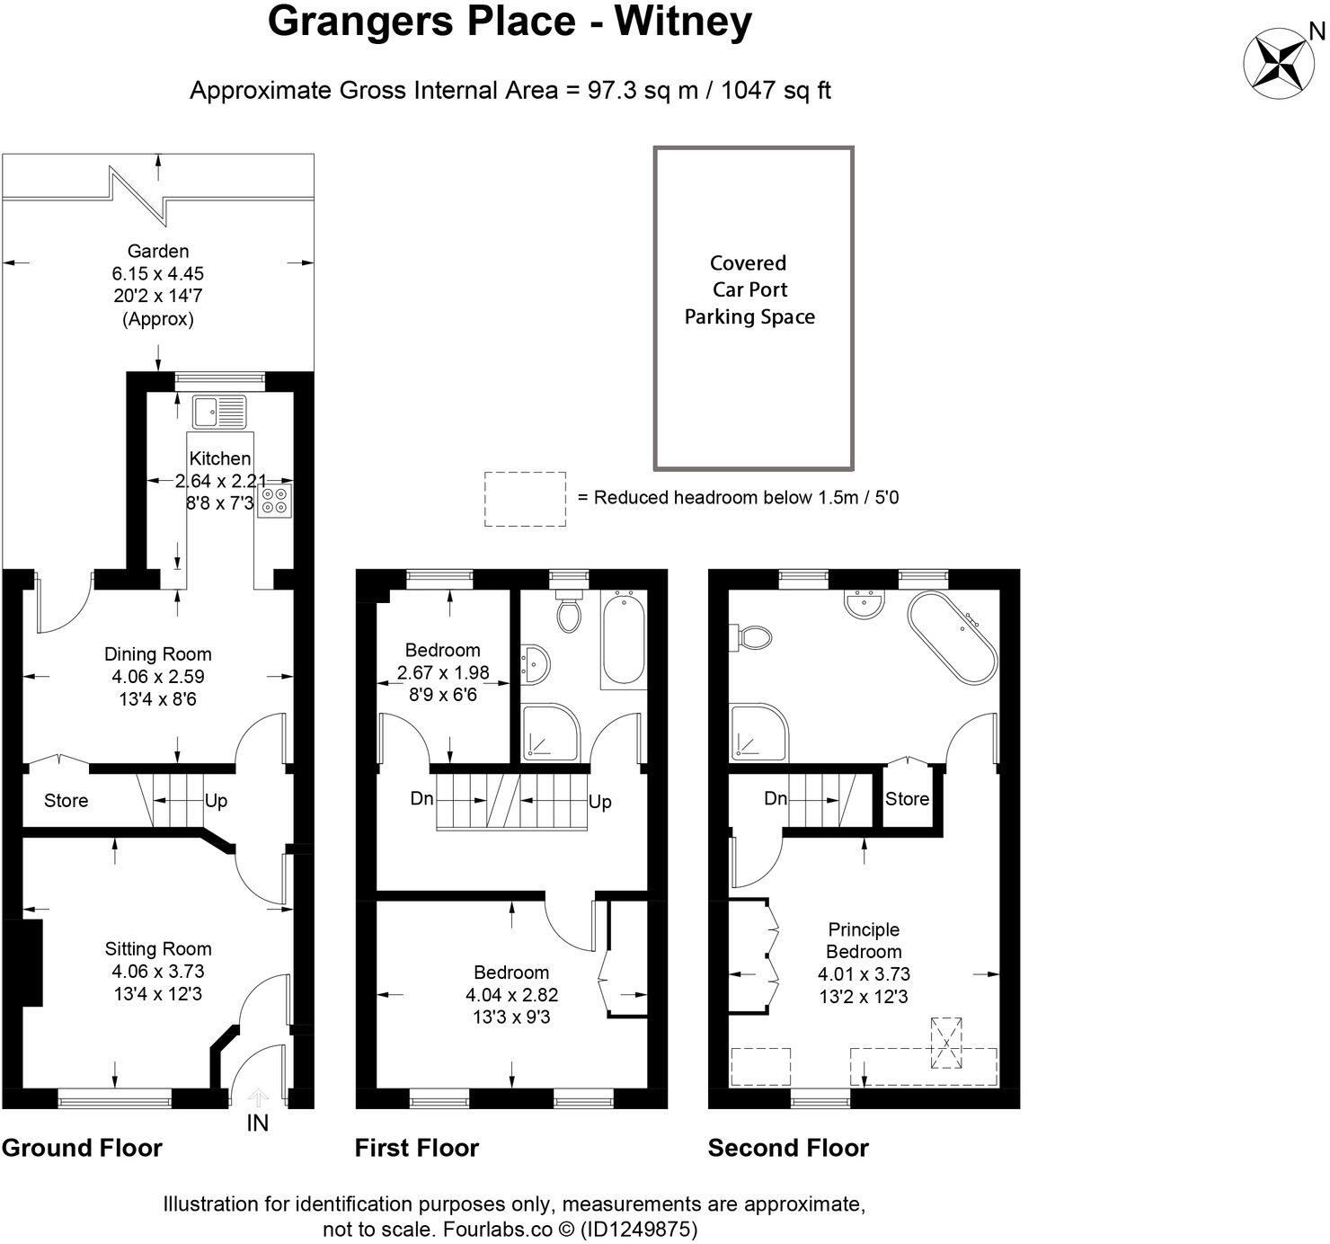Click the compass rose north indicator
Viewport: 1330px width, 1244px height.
click(x=1282, y=61)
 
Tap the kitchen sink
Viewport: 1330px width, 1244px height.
click(x=219, y=412)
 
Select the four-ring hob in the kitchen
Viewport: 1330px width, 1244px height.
click(x=274, y=500)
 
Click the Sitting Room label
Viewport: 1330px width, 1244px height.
click(x=158, y=948)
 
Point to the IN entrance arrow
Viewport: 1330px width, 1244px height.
click(x=258, y=1098)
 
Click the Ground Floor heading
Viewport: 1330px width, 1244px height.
click(x=82, y=1148)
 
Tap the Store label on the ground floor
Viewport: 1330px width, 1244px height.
click(x=66, y=800)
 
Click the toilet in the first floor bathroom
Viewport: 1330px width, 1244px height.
click(x=568, y=610)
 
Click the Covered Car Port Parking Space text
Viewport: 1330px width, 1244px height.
click(x=749, y=289)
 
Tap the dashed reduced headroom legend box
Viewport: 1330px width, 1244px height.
click(x=525, y=499)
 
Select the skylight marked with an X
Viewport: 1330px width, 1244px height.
click(x=945, y=1042)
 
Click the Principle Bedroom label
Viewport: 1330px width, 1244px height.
click(x=864, y=940)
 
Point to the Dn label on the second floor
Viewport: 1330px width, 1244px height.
click(x=776, y=798)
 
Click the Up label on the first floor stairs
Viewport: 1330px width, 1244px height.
click(x=599, y=801)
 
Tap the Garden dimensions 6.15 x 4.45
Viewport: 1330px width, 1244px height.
click(x=159, y=273)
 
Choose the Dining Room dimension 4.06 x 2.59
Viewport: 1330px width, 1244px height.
click(x=157, y=676)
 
